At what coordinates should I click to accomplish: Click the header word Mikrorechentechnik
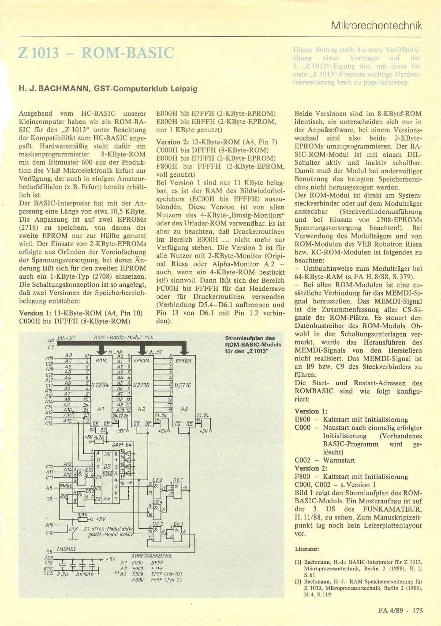(376, 26)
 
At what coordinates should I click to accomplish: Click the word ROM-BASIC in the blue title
(128, 53)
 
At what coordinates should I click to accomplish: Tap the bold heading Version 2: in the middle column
(168, 142)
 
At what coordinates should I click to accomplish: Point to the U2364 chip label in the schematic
(100, 385)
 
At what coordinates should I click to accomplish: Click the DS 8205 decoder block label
(107, 470)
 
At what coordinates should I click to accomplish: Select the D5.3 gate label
(157, 480)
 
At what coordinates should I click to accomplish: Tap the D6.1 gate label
(178, 479)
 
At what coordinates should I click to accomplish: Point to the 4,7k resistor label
(99, 437)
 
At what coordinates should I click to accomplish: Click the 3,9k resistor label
(82, 514)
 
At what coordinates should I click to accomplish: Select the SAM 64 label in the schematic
(122, 445)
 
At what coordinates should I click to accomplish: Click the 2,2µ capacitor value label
(62, 574)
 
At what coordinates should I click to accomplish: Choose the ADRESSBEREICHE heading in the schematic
(151, 555)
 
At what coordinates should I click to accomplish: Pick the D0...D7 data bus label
(67, 338)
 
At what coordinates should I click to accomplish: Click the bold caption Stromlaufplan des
(250, 338)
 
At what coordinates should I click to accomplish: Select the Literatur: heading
(306, 549)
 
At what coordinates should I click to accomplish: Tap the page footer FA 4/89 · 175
(400, 611)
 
